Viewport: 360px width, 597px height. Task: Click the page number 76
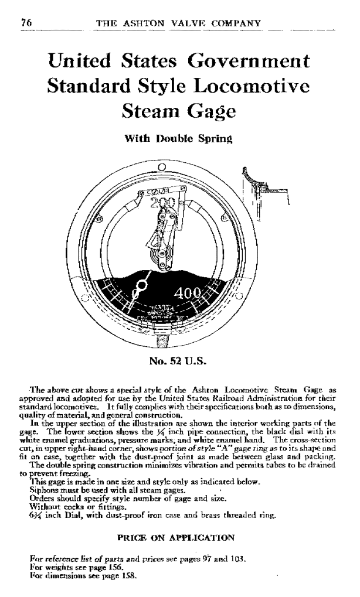(x=25, y=23)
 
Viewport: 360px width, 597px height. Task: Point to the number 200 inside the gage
(x=163, y=205)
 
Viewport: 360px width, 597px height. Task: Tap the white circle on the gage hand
(x=141, y=288)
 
